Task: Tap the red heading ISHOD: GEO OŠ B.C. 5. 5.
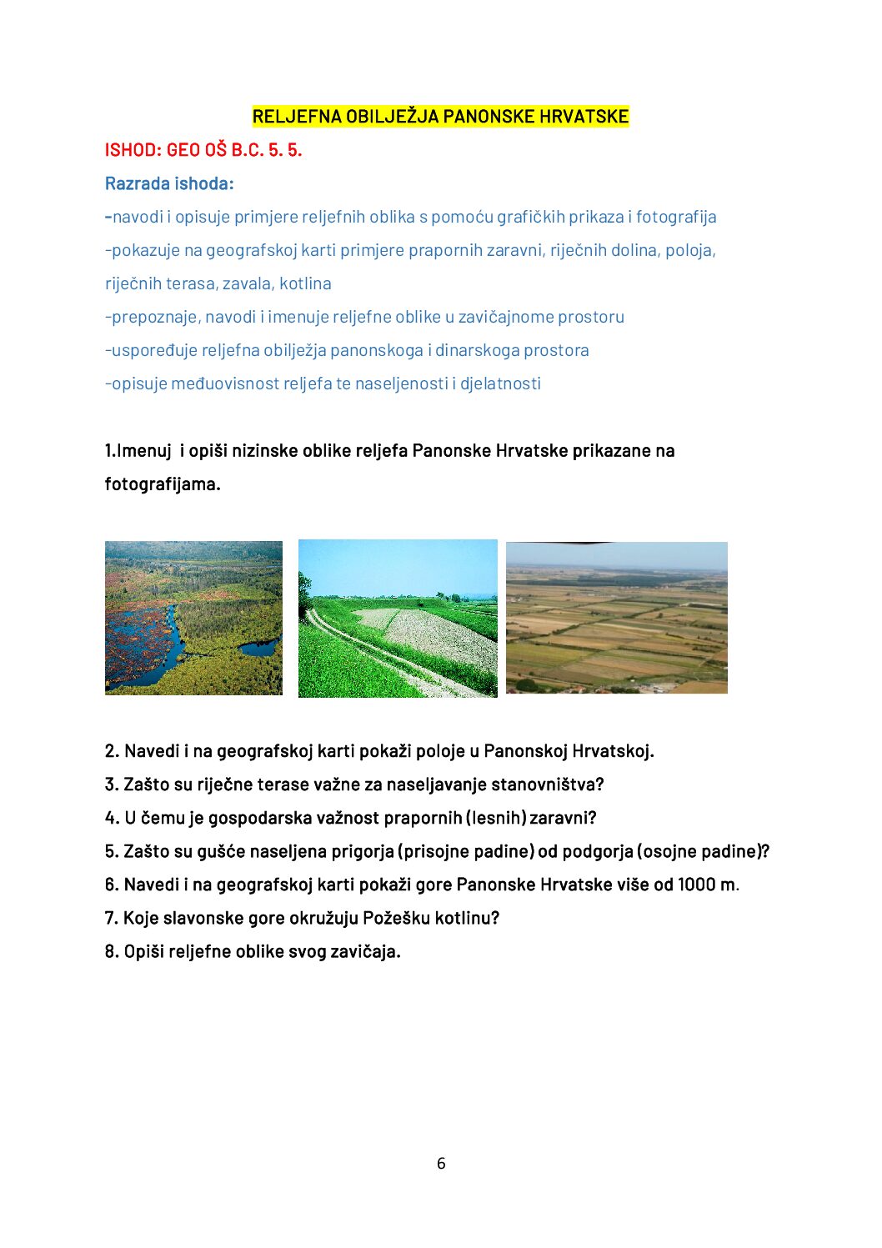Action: click(x=203, y=150)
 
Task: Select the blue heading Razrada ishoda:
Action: click(x=169, y=183)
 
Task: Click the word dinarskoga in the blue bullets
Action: click(x=478, y=350)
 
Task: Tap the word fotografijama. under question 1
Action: click(x=163, y=484)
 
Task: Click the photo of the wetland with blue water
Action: click(x=193, y=618)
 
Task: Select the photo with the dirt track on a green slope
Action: click(x=398, y=618)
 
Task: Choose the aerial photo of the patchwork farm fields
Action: click(x=616, y=618)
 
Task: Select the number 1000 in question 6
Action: click(x=698, y=885)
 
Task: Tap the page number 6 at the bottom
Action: click(x=441, y=1163)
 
